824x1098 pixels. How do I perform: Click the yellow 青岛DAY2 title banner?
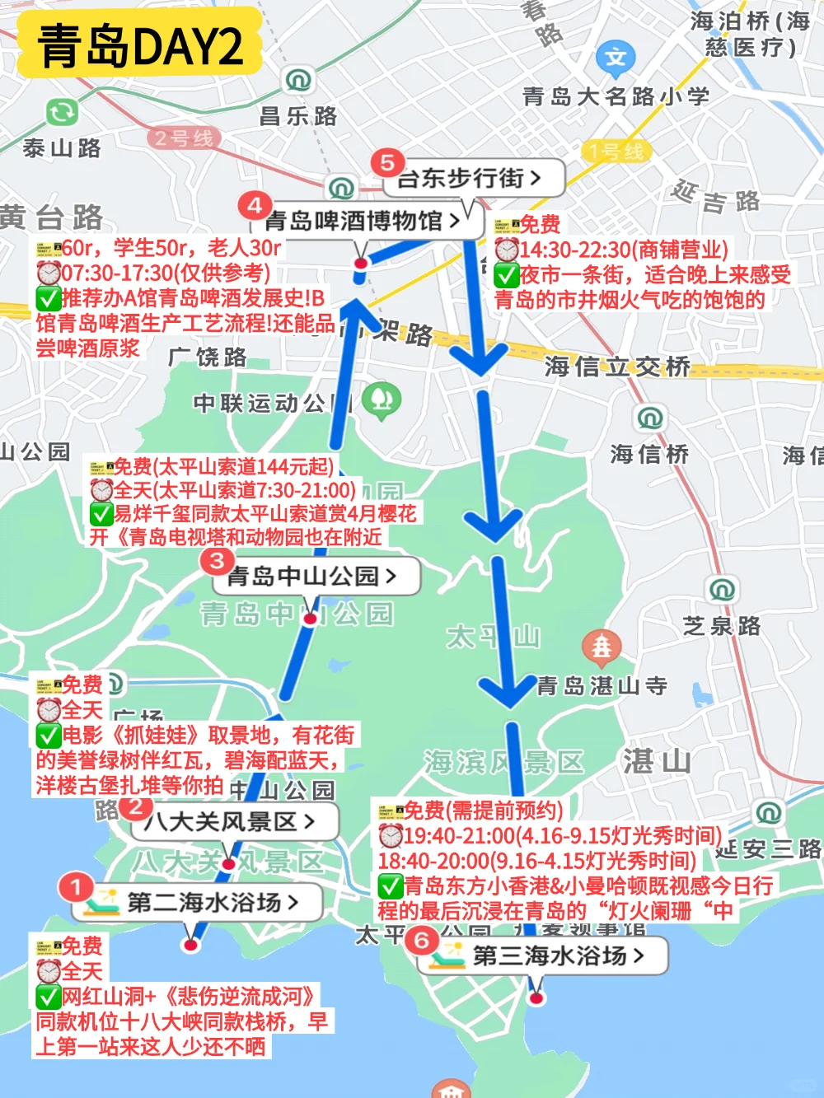pos(140,46)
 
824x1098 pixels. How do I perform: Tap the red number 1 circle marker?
pos(76,888)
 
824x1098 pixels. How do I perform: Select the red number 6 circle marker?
pos(422,940)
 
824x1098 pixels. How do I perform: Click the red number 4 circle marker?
pos(255,205)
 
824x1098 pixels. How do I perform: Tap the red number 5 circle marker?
pos(386,162)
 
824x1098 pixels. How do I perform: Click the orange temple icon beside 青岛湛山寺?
pos(602,647)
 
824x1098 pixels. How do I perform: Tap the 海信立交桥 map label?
pos(617,366)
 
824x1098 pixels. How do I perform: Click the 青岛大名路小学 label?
pos(616,96)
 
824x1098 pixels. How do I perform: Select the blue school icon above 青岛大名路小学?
pos(616,58)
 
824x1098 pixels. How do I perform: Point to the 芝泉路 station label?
pos(721,626)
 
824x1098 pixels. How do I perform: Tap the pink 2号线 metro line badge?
pos(184,138)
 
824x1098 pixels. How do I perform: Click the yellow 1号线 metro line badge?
pos(616,152)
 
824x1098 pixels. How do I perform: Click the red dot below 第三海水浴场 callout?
pos(536,998)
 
